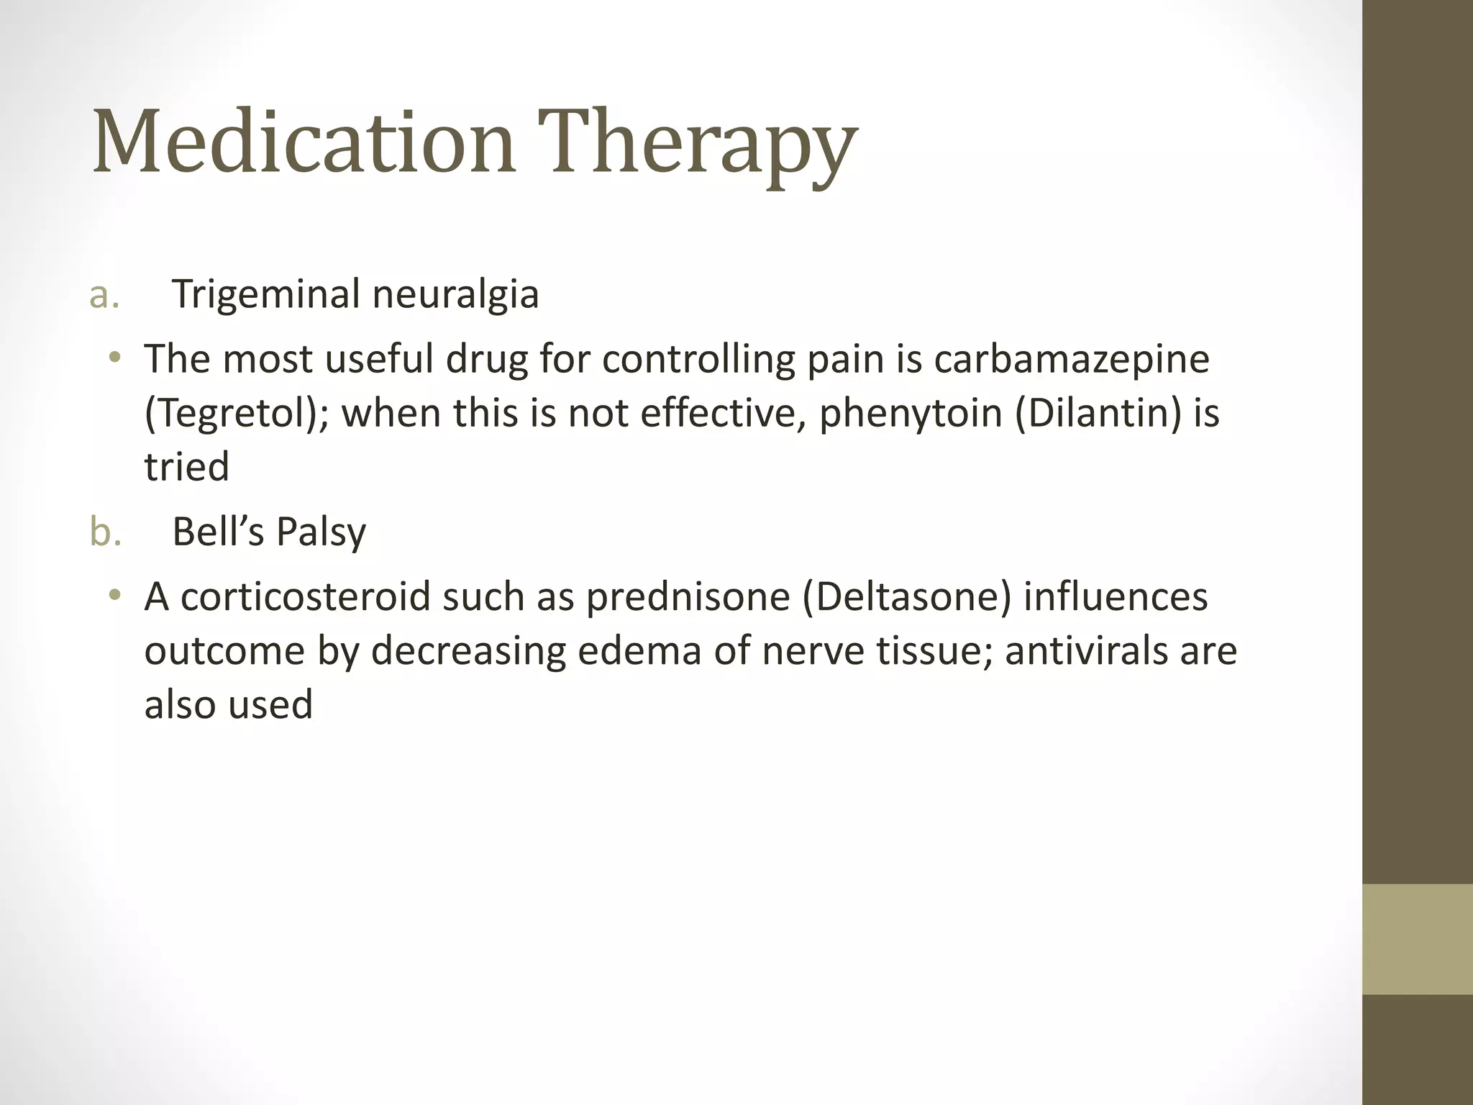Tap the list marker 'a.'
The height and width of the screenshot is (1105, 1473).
(x=105, y=295)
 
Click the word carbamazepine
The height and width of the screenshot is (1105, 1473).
(x=1072, y=359)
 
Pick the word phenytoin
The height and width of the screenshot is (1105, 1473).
(x=911, y=414)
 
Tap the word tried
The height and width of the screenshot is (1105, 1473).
(x=187, y=467)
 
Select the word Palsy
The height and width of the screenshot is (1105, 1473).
(x=321, y=532)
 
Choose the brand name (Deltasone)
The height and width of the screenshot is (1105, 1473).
(x=906, y=597)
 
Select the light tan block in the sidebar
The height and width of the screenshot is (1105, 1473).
(x=1418, y=939)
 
